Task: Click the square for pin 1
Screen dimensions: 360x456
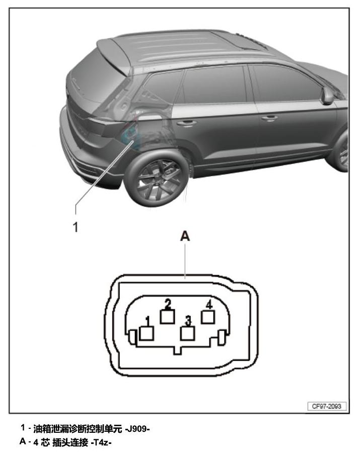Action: (x=147, y=333)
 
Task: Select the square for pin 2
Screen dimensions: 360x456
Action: (x=167, y=316)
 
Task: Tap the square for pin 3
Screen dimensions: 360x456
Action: (x=187, y=333)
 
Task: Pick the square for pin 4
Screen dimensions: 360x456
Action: (x=208, y=317)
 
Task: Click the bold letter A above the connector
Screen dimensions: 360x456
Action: (x=185, y=236)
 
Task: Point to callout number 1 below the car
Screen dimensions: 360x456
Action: (x=76, y=227)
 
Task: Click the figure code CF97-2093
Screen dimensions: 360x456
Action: (x=327, y=406)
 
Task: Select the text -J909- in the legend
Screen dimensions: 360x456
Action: (x=137, y=429)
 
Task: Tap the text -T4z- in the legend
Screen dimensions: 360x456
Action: (x=101, y=442)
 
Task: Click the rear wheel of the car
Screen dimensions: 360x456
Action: (x=156, y=178)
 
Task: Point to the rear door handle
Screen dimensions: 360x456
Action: (x=186, y=123)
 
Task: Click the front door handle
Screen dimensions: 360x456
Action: (x=269, y=118)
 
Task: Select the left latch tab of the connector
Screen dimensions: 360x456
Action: (x=132, y=338)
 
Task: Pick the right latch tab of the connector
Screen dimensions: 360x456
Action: (x=222, y=338)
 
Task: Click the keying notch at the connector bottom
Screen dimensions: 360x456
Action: (x=178, y=350)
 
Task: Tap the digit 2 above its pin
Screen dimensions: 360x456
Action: (x=168, y=304)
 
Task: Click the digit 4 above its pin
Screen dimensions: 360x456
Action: (x=209, y=305)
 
